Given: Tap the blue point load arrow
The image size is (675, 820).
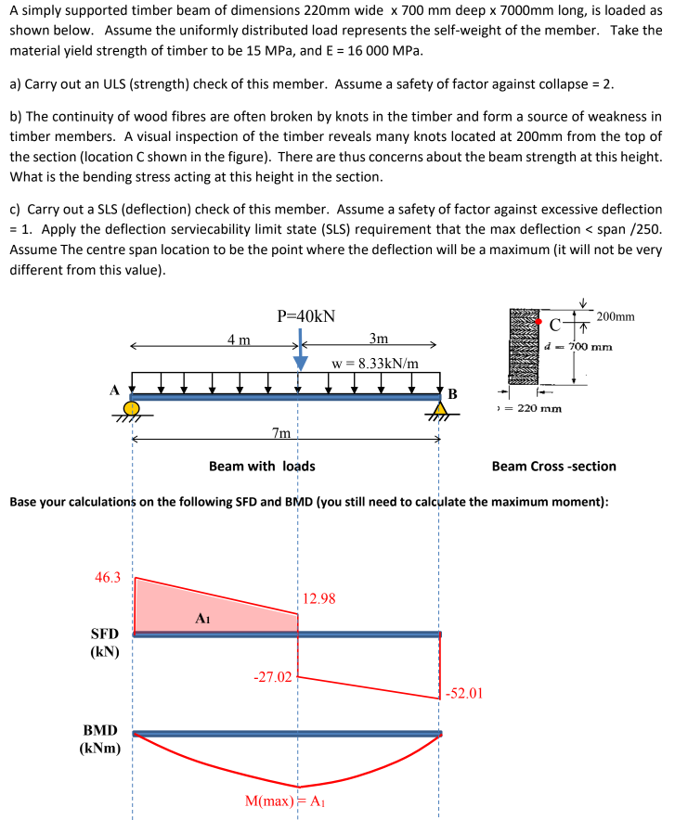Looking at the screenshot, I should coord(299,352).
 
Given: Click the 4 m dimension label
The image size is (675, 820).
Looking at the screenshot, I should coord(239,340).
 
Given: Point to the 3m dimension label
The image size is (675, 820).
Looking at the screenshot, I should coord(379,339).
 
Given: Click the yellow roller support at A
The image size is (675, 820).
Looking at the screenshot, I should coord(133,407).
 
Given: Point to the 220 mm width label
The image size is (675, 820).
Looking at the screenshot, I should coord(531,408).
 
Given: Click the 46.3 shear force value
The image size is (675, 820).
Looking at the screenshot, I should coord(108,577).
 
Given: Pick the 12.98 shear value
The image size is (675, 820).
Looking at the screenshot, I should coord(319,599).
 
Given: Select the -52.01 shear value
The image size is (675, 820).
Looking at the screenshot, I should coord(464,692).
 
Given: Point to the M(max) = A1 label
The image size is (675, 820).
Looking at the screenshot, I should coord(284,801).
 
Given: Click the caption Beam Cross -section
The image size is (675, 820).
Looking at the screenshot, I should coord(553,466).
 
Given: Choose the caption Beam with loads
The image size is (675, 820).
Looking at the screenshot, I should coord(262,466).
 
